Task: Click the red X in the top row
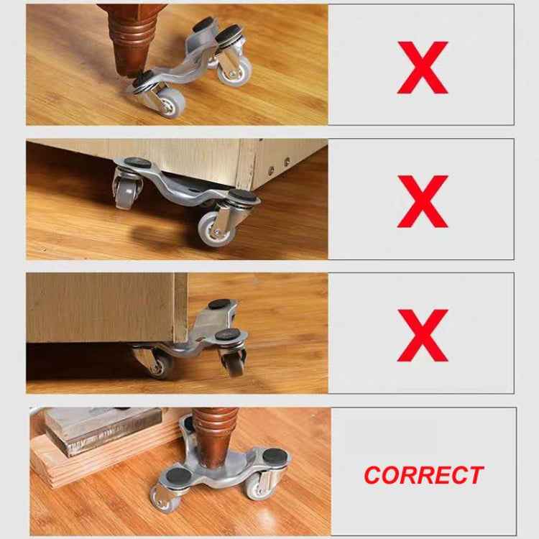(x=422, y=68)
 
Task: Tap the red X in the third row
(x=422, y=334)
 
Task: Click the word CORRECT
(x=423, y=475)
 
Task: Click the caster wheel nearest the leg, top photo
(x=167, y=105)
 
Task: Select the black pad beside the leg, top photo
(x=143, y=77)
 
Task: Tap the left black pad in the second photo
(x=141, y=164)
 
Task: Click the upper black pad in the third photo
(x=217, y=305)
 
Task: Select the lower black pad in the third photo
(x=230, y=333)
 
